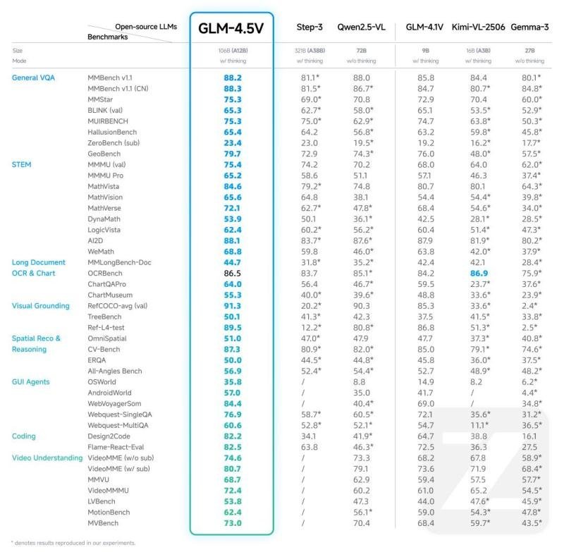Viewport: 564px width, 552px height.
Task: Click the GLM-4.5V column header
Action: coord(232,28)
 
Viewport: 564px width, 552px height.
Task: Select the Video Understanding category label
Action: coord(47,458)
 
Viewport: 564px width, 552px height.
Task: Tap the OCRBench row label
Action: coord(106,273)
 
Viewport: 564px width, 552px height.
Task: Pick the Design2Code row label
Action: coord(109,436)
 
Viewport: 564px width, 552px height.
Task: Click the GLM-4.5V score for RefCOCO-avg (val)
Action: coord(232,306)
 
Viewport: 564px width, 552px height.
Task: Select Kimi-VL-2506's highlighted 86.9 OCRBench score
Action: coord(474,273)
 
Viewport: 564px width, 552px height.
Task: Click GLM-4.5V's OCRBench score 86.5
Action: coord(232,273)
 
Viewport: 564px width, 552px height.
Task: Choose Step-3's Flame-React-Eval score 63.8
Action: coord(310,447)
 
